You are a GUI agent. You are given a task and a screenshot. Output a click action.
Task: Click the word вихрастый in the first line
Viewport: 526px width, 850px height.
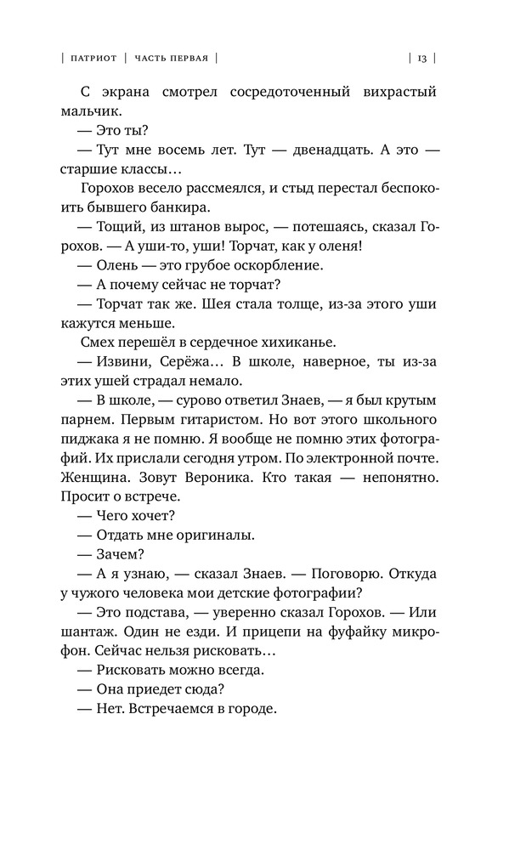[401, 91]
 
